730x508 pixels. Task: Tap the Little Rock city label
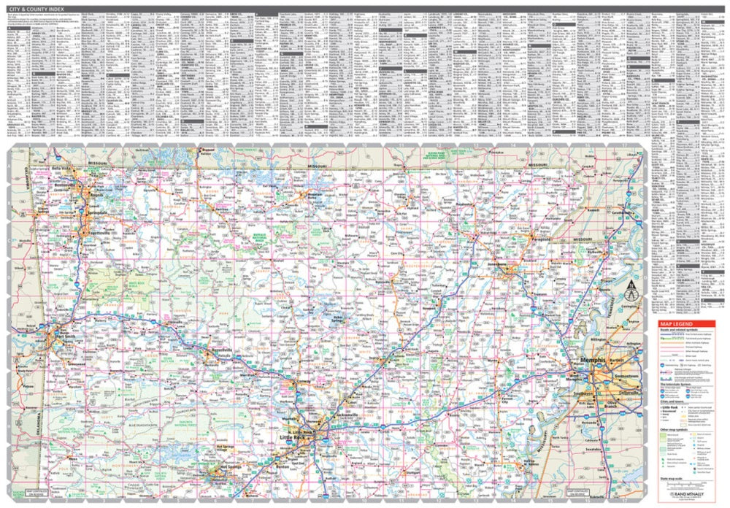(295, 436)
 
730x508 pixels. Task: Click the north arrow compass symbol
(629, 293)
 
